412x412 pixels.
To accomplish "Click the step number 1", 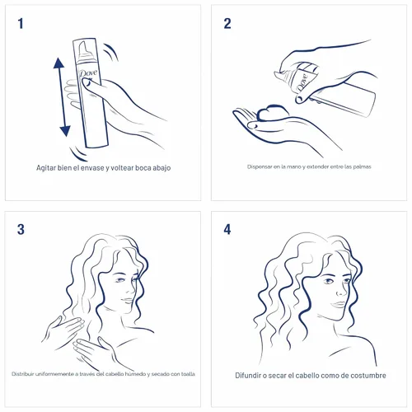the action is coord(21,23).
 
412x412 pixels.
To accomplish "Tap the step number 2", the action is coord(227,23).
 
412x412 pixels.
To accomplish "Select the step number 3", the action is coord(21,229).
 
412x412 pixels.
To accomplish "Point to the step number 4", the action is coord(227,229).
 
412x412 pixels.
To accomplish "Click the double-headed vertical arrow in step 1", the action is coord(62,97).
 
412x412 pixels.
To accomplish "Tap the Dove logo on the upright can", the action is coord(88,73).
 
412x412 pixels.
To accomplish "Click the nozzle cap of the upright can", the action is coord(85,52).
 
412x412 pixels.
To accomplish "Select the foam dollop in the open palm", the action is coord(273,112).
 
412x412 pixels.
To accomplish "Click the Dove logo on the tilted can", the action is coord(302,82).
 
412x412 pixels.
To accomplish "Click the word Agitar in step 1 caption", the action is coord(46,168).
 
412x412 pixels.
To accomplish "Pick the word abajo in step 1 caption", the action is coord(162,168).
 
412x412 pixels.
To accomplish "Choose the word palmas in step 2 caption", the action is coord(363,166).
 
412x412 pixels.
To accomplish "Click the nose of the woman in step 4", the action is coord(340,291).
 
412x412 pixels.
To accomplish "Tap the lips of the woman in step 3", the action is coord(127,301).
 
